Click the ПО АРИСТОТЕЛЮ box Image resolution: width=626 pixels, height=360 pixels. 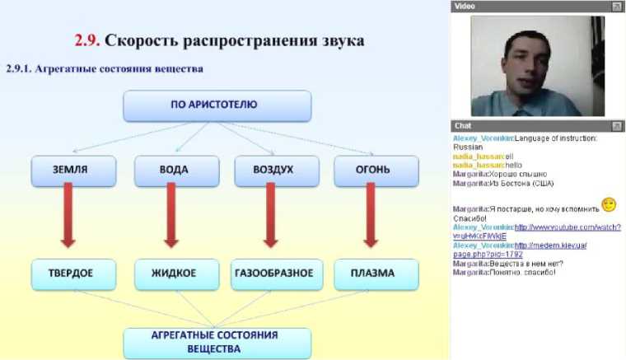(217, 105)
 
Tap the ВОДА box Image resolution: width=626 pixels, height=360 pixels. (173, 171)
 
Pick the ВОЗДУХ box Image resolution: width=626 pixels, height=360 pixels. (273, 171)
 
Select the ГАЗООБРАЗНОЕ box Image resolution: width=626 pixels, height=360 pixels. (273, 274)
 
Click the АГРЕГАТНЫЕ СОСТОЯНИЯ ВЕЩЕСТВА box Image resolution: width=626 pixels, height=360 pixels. (217, 342)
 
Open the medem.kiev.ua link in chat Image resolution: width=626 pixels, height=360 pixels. (550, 245)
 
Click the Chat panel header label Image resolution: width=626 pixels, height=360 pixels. (464, 125)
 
